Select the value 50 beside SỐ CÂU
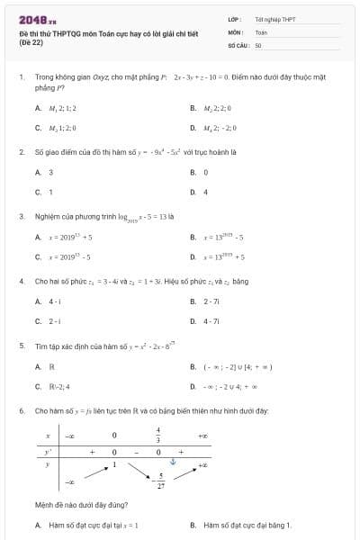[x=258, y=45]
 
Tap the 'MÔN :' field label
[x=236, y=31]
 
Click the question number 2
[x=22, y=152]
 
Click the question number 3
[x=22, y=217]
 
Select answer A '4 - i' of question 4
[x=55, y=301]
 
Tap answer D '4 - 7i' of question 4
[x=212, y=321]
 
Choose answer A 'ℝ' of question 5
[x=51, y=367]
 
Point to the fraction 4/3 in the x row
[x=157, y=434]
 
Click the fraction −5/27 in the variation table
[x=160, y=481]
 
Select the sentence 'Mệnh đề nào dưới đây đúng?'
[x=77, y=506]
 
